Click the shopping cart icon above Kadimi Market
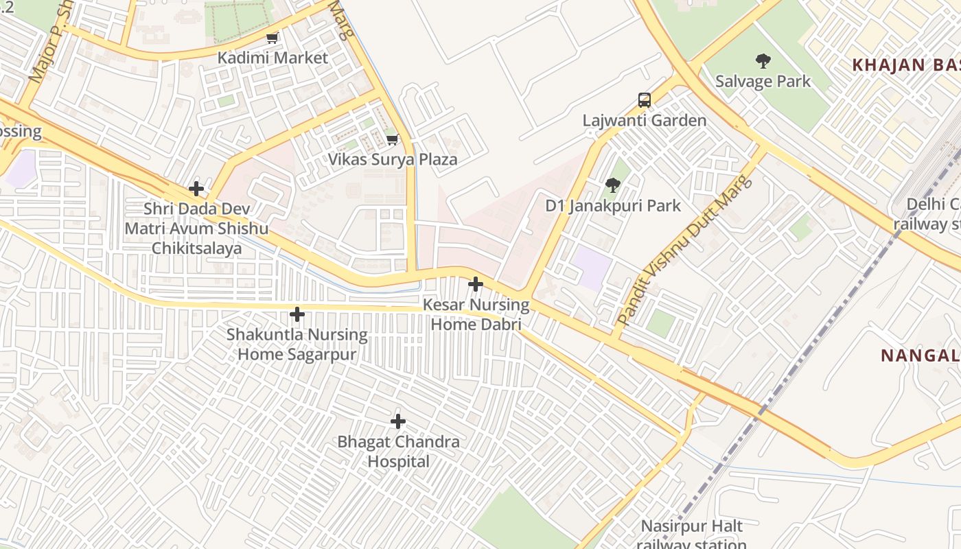[x=273, y=38]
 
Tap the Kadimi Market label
[x=273, y=58]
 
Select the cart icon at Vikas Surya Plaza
[x=392, y=140]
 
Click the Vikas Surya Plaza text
[x=392, y=160]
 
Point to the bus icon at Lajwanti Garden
[x=644, y=100]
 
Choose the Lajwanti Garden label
[x=644, y=121]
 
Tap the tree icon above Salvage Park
[x=763, y=62]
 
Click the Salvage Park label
[x=763, y=82]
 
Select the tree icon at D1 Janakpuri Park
[x=613, y=185]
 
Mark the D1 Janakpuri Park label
[x=613, y=205]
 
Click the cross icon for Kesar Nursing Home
[x=475, y=284]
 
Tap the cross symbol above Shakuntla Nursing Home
[x=297, y=314]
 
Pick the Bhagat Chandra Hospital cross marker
[x=397, y=421]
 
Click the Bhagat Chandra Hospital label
[x=398, y=452]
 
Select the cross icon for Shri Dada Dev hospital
[x=196, y=188]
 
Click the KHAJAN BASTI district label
[x=905, y=65]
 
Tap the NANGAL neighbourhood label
[x=920, y=355]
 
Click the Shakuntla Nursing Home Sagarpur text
[x=297, y=344]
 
